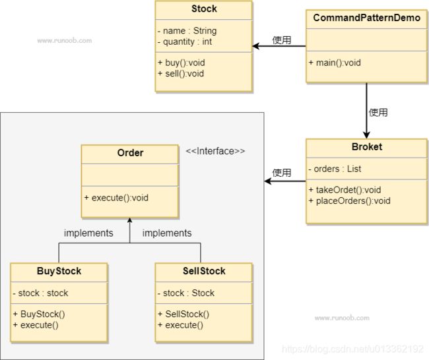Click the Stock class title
point(204,9)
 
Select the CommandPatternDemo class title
point(366,18)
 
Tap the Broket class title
point(367,147)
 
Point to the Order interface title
point(130,153)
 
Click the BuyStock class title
point(59,271)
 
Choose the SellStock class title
point(204,271)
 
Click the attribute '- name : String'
point(187,31)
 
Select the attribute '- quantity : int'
point(185,42)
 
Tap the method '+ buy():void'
point(181,63)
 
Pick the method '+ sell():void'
point(181,74)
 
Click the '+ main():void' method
point(335,63)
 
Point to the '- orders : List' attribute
point(335,169)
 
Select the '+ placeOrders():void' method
point(349,201)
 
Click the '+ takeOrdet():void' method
point(345,190)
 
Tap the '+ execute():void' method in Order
point(116,198)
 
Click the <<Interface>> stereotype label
point(215,151)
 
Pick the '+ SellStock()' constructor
point(183,315)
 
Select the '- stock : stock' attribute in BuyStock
point(40,293)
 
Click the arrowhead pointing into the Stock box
point(255,46)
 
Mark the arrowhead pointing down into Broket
point(366,135)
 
